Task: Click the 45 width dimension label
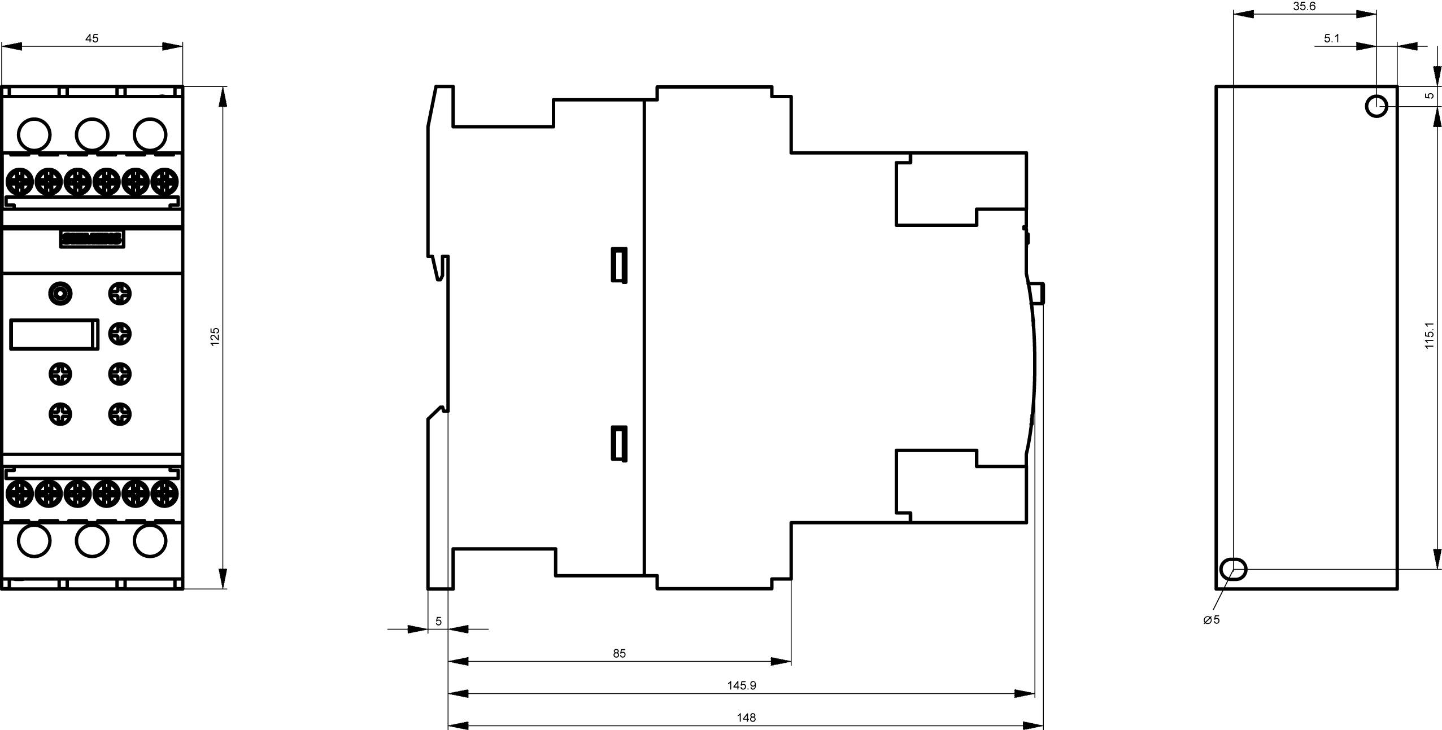(x=92, y=38)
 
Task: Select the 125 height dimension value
(x=215, y=336)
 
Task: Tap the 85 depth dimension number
(x=619, y=653)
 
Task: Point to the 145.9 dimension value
(x=741, y=685)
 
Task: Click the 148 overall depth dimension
(x=746, y=718)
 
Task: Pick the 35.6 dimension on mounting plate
(x=1305, y=7)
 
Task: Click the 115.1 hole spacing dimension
(x=1430, y=335)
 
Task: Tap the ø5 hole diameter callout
(x=1212, y=620)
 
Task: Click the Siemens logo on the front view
(x=92, y=239)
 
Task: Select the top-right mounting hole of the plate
(x=1376, y=106)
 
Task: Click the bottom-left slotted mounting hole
(x=1234, y=569)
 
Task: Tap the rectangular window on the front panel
(x=54, y=334)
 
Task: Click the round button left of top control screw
(x=60, y=294)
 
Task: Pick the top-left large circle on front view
(x=34, y=134)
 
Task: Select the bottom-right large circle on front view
(x=150, y=541)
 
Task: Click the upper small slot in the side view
(x=620, y=264)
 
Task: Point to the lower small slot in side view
(x=620, y=443)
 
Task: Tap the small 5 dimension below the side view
(x=438, y=622)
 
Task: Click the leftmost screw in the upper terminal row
(x=19, y=182)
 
